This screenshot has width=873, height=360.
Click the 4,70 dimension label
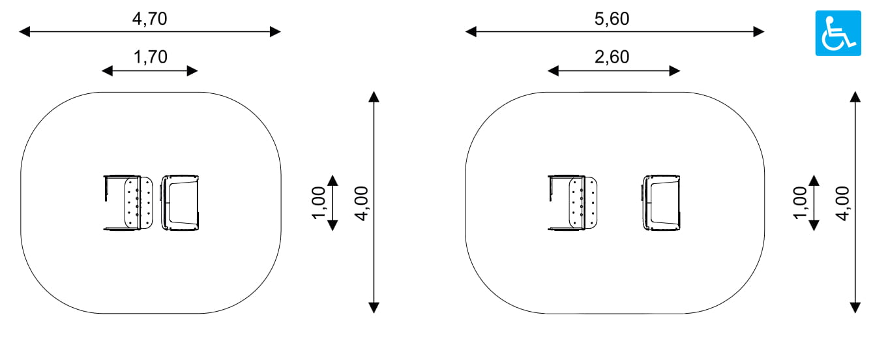150,19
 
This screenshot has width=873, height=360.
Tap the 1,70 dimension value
151,57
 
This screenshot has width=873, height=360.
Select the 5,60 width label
612,19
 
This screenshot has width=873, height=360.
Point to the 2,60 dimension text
612,57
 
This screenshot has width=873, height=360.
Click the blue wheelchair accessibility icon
838,33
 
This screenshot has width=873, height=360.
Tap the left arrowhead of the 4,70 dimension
25,31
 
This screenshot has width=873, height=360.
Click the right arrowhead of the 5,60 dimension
758,31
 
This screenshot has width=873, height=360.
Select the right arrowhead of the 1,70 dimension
192,71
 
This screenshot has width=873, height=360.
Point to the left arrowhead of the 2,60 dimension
553,71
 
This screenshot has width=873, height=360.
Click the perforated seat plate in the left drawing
139,203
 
